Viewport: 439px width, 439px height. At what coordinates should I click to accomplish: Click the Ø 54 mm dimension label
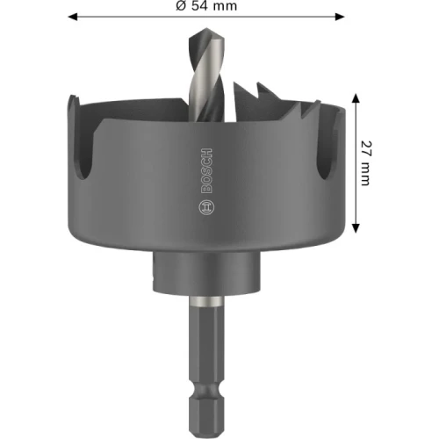click(206, 6)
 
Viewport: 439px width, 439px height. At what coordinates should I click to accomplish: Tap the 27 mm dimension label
click(365, 163)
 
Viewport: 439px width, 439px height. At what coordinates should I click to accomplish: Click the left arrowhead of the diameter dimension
click(73, 17)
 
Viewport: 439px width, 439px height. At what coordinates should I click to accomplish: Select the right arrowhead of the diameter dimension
click(340, 17)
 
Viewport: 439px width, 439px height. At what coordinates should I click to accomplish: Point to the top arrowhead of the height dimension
click(356, 98)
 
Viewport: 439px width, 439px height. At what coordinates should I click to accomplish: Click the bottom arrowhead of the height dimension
click(356, 228)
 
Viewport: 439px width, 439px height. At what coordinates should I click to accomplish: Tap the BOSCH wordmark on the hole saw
click(206, 170)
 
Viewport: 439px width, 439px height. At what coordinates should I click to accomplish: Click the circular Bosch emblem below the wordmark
click(206, 207)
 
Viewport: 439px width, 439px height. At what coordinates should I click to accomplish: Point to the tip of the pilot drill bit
click(207, 28)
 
